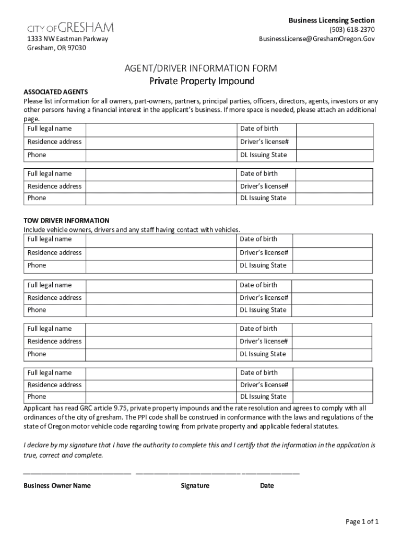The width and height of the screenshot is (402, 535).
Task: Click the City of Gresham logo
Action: [x=70, y=27]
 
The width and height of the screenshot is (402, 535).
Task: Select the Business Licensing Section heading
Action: [x=332, y=20]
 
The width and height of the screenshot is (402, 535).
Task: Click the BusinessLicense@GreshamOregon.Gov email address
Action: [x=317, y=39]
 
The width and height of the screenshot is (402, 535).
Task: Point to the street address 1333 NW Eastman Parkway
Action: [x=67, y=39]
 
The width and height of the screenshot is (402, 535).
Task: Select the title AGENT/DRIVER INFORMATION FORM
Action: [x=200, y=68]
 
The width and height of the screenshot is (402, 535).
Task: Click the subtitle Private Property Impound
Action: [x=202, y=81]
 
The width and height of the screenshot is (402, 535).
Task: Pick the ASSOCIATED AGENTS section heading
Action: [x=55, y=92]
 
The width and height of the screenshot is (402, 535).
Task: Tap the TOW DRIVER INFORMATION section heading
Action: [x=66, y=220]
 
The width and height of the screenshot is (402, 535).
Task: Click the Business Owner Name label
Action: [x=57, y=485]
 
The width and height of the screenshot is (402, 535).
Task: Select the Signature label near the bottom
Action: [x=195, y=485]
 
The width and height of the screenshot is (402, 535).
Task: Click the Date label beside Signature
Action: [x=267, y=485]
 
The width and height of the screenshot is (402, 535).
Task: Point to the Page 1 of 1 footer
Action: [x=362, y=521]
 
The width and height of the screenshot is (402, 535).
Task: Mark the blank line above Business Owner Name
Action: [x=77, y=473]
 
